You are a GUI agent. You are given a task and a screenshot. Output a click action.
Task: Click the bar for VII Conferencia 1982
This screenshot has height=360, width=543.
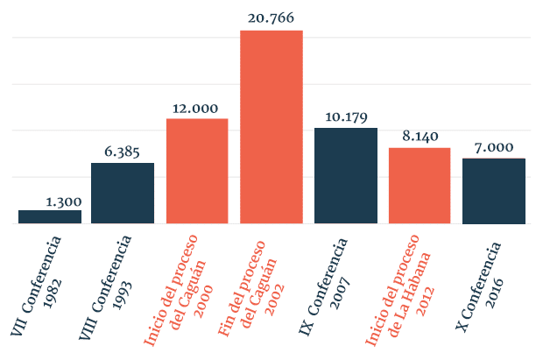(x=50, y=216)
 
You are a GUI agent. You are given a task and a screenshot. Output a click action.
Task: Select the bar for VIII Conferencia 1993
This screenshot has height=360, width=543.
(x=123, y=193)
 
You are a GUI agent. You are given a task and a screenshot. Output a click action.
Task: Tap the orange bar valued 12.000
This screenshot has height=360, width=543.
(x=197, y=171)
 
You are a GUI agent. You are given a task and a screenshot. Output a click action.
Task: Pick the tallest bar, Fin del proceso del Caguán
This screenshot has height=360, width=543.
(x=271, y=127)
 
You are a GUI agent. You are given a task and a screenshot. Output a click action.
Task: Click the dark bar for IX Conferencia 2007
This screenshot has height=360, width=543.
(x=345, y=175)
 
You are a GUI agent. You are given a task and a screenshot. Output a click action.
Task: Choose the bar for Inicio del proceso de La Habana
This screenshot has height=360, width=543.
(x=420, y=186)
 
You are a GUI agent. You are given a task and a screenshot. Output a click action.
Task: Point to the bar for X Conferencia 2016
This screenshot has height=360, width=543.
(x=493, y=191)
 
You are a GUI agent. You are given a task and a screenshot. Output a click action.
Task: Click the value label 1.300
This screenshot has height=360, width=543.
(x=63, y=201)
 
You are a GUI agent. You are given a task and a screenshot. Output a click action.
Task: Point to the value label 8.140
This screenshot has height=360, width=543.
(x=420, y=137)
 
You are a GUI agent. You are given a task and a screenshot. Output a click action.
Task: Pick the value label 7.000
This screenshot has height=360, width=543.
(x=493, y=147)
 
